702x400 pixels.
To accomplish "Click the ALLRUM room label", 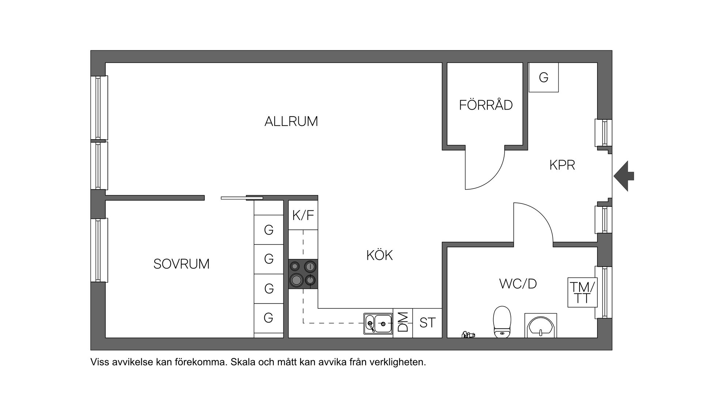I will click(x=291, y=121).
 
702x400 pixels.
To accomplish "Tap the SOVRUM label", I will click(x=181, y=264).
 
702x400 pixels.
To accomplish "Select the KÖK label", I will click(x=380, y=255).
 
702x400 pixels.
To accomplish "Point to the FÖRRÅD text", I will click(x=486, y=105).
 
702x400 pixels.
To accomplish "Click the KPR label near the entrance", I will click(x=562, y=165).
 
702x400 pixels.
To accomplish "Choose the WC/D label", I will click(x=518, y=284).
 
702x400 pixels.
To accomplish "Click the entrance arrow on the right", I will click(x=624, y=176).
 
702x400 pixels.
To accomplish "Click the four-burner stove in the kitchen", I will click(x=303, y=274).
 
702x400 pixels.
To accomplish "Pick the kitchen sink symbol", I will click(x=378, y=324).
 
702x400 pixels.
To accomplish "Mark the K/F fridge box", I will click(x=303, y=216).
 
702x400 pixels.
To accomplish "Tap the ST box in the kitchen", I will click(x=427, y=323).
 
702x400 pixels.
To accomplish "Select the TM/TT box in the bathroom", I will click(x=582, y=292).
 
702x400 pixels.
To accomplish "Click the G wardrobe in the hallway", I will click(x=544, y=77).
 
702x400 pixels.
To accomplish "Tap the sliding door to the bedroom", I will click(x=242, y=198).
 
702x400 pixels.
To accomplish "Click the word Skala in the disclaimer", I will click(x=243, y=362).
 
